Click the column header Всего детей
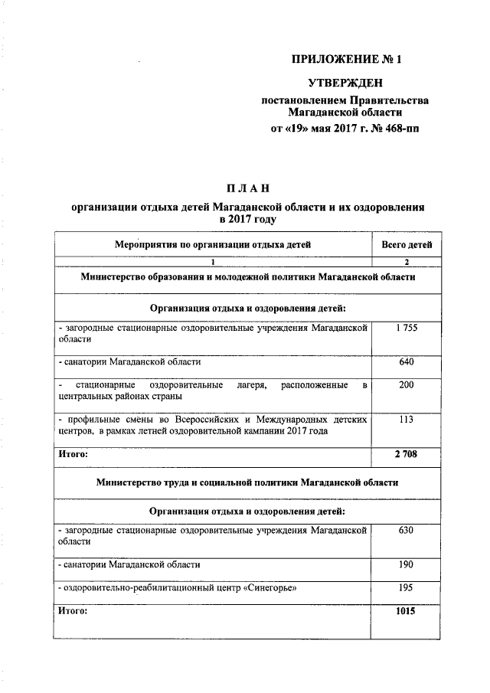[406, 245]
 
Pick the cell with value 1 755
[406, 328]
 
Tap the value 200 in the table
[406, 385]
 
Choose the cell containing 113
[406, 420]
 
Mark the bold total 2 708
[406, 454]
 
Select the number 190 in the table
[406, 564]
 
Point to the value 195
[406, 587]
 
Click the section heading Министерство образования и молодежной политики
[247, 276]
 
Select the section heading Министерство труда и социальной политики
[247, 483]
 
